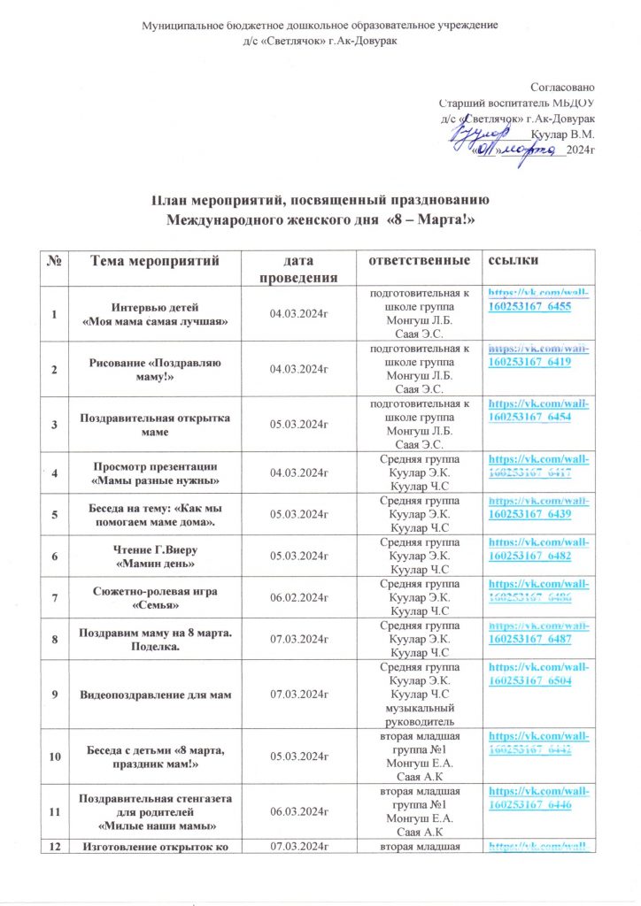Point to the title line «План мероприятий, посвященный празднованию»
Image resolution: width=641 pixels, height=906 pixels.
coord(320,200)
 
